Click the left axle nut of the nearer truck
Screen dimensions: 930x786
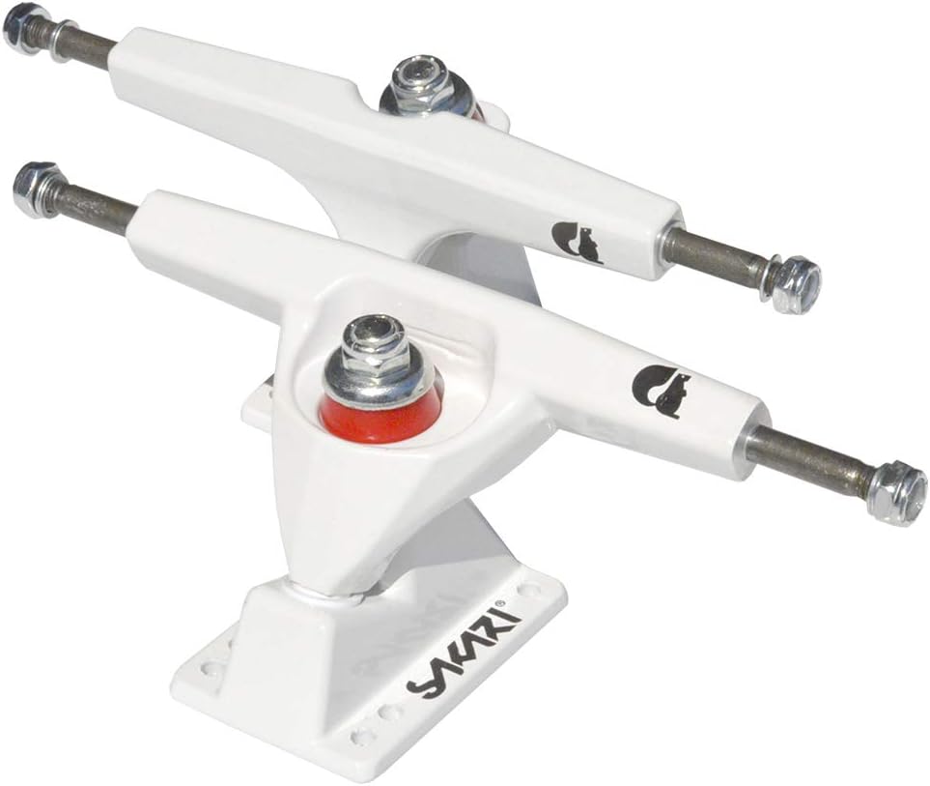(x=38, y=189)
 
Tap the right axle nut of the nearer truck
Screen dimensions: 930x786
(x=897, y=494)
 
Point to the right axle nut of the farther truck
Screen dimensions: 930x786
(x=797, y=285)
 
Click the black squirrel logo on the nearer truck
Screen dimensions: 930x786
(x=662, y=392)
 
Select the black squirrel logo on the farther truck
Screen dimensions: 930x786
(x=576, y=243)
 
